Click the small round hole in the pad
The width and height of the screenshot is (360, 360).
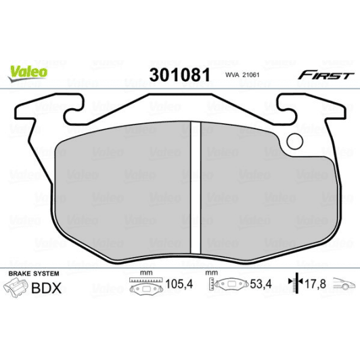[x=296, y=141]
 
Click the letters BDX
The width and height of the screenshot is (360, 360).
[x=47, y=288]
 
